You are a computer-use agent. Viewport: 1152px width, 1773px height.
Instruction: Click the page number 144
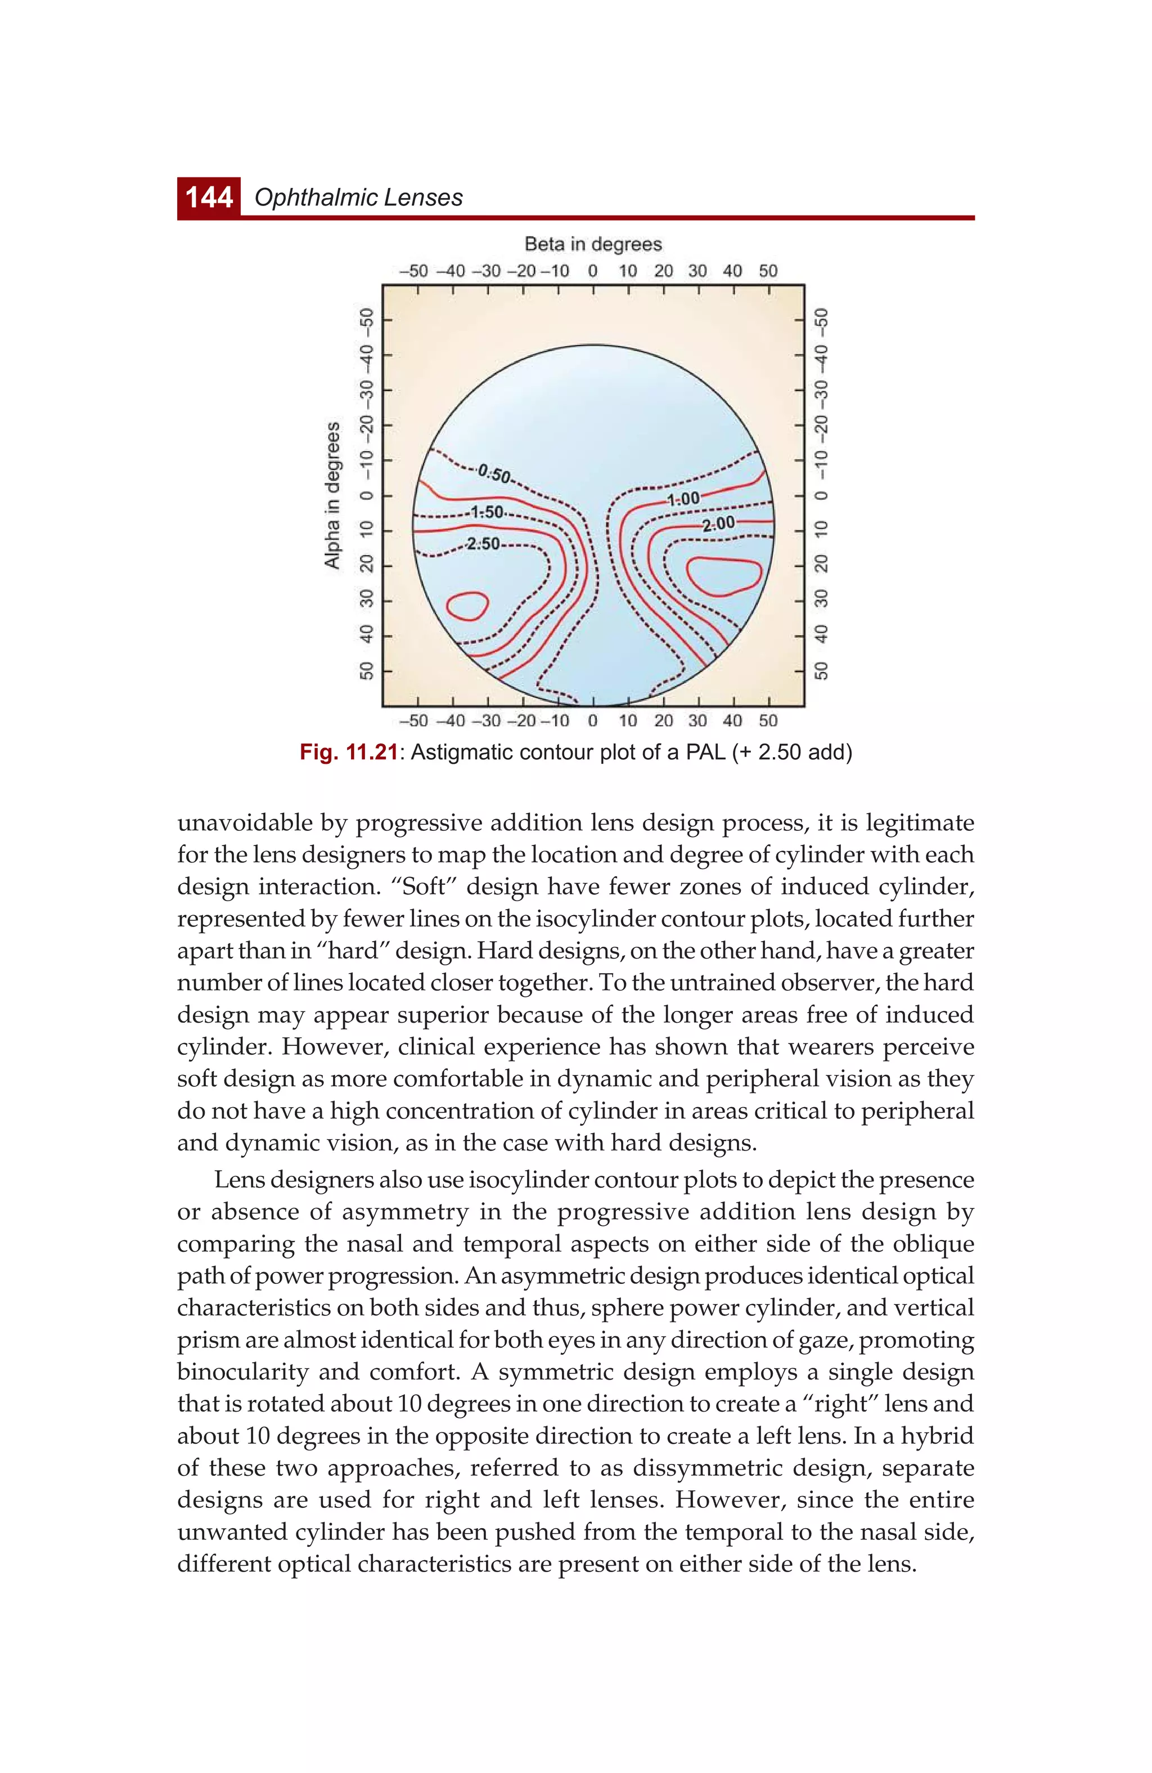tap(209, 198)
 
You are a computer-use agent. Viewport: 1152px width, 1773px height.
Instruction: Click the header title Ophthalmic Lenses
tap(358, 198)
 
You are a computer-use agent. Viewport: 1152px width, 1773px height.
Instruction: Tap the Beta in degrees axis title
tap(593, 244)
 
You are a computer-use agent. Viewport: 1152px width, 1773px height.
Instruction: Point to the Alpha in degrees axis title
tap(332, 495)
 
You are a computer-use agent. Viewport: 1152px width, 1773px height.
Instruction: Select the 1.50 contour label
tap(488, 513)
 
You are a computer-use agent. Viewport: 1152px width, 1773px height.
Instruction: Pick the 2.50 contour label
tap(483, 544)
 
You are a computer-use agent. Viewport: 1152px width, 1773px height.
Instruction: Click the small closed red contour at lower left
tap(467, 606)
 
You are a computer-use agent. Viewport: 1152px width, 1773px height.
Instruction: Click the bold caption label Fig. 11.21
tap(349, 753)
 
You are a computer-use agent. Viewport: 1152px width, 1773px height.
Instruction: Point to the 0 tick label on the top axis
tap(593, 271)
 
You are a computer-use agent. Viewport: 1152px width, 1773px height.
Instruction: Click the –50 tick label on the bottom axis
tap(413, 721)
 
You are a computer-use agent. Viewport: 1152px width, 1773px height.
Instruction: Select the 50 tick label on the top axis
tap(768, 271)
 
